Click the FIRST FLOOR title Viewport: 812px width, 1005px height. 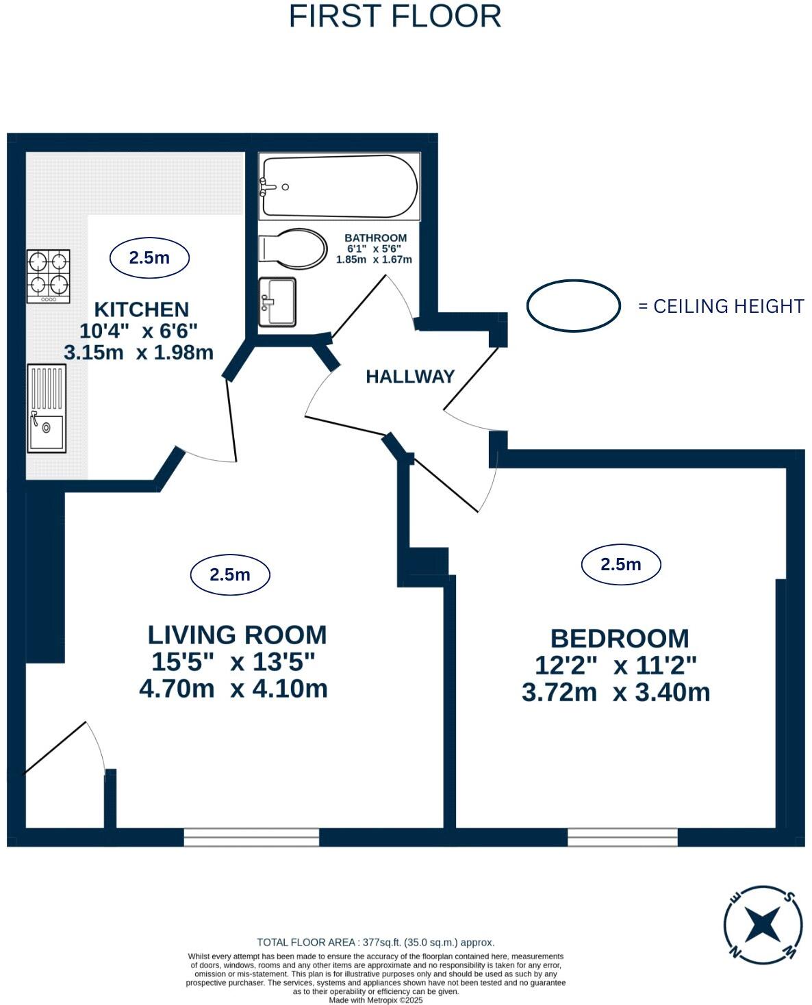(x=394, y=16)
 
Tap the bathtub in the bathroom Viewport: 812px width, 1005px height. (x=339, y=187)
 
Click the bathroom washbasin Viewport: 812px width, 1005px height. (x=277, y=301)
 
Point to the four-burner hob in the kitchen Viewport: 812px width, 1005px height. (x=48, y=277)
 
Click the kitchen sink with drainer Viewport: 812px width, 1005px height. (x=47, y=409)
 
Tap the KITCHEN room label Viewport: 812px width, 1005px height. (x=142, y=309)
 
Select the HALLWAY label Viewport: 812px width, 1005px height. (x=410, y=377)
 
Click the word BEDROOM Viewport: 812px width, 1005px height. (x=620, y=638)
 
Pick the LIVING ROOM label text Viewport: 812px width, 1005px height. (x=237, y=635)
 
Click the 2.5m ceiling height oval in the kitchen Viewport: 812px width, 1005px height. (x=149, y=257)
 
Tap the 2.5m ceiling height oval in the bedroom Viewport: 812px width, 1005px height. (x=620, y=564)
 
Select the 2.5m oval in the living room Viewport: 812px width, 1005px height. (x=230, y=574)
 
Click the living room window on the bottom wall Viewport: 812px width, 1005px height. (x=251, y=837)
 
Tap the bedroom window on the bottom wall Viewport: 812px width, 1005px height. (x=622, y=837)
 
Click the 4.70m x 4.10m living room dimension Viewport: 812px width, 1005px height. (x=233, y=689)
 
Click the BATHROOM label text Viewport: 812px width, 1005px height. (x=375, y=238)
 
